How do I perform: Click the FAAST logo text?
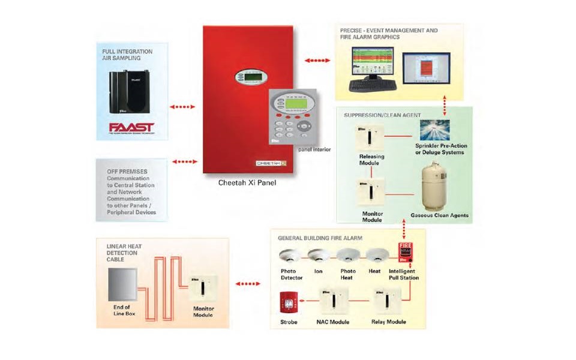pos(131,128)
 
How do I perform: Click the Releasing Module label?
pos(371,160)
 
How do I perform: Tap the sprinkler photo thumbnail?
pos(440,130)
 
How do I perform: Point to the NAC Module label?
pos(334,322)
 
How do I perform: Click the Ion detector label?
pos(319,271)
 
